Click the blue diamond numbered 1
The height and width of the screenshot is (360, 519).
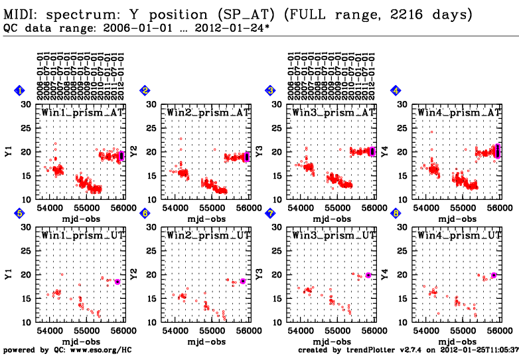tap(20, 90)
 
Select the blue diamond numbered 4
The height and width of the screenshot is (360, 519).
tap(396, 90)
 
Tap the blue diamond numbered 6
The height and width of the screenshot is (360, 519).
tap(145, 213)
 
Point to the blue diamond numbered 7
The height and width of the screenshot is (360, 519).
tap(270, 213)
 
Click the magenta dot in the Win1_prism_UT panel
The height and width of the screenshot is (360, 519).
tap(117, 282)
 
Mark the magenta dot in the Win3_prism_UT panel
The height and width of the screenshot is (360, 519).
tap(368, 276)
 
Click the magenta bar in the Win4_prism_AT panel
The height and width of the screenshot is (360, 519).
tap(497, 152)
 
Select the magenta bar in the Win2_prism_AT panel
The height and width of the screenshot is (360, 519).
tap(247, 157)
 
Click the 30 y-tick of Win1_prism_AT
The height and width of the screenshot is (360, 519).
tap(27, 105)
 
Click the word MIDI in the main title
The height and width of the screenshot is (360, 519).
tap(19, 14)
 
